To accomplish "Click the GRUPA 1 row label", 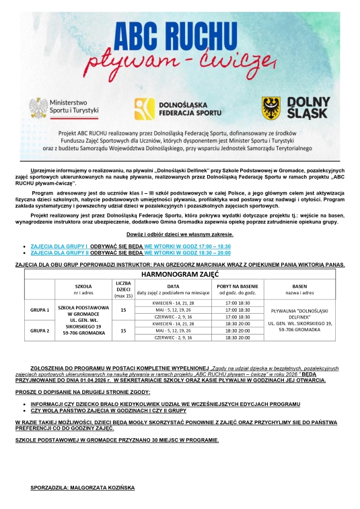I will pyautogui.click(x=40, y=311).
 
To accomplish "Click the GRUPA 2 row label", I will pyautogui.click(x=40, y=331).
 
